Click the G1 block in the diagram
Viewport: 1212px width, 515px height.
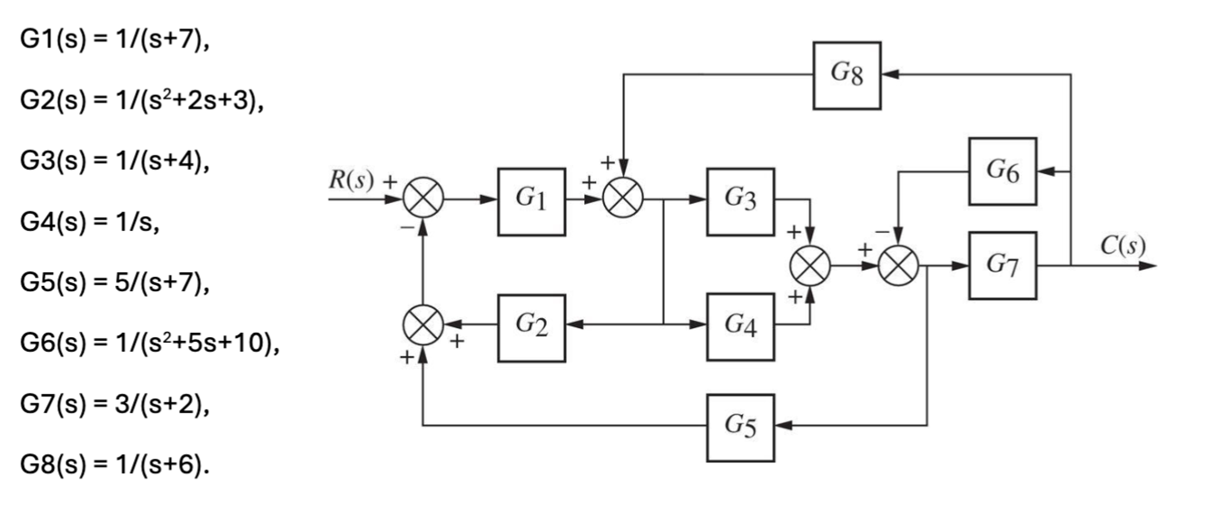coord(531,201)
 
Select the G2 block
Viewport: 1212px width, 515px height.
coord(531,328)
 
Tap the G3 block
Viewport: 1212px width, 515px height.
coord(740,201)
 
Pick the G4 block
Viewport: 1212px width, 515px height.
coord(740,327)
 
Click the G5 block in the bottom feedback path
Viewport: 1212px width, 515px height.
coord(740,428)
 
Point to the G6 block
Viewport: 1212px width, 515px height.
coord(1002,171)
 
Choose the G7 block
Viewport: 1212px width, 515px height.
coord(1002,265)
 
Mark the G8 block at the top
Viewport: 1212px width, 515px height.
coord(846,75)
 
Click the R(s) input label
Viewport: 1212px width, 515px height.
coord(351,180)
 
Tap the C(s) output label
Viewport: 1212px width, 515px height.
coord(1122,246)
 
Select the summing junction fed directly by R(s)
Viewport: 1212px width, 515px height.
coord(423,198)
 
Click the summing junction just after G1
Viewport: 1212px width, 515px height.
coord(623,198)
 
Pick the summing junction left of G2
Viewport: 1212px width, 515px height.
coord(423,325)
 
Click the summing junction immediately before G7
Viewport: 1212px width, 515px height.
coord(898,266)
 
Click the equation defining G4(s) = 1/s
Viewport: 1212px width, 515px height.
coord(90,221)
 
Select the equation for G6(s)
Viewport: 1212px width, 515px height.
coord(149,343)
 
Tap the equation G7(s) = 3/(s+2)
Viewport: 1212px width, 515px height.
coord(114,404)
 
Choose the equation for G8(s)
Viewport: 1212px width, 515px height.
coord(114,465)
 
